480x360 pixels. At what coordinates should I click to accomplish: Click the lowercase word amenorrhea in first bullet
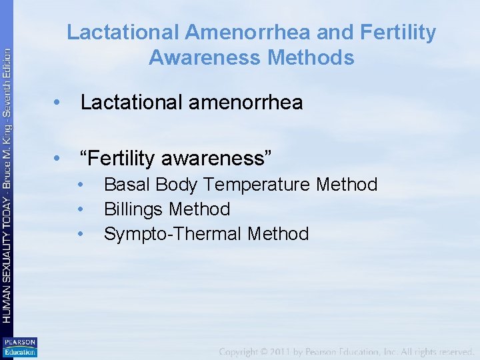point(247,103)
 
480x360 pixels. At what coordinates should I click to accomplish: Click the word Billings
point(133,209)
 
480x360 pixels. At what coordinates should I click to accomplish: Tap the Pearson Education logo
point(19,347)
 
